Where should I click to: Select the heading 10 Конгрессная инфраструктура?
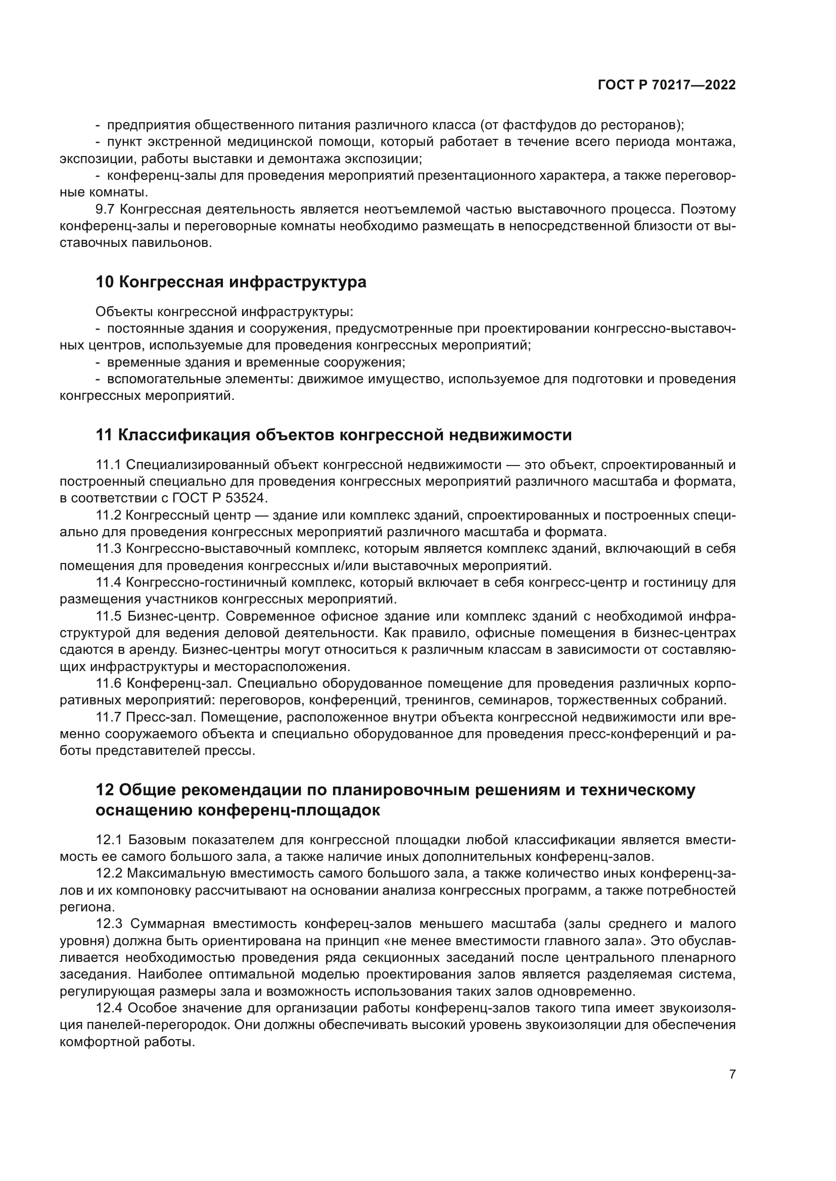(x=231, y=282)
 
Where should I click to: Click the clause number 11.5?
(x=109, y=616)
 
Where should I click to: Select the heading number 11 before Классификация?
(x=104, y=435)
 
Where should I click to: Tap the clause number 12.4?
(x=109, y=1009)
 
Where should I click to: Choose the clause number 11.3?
(x=109, y=549)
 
